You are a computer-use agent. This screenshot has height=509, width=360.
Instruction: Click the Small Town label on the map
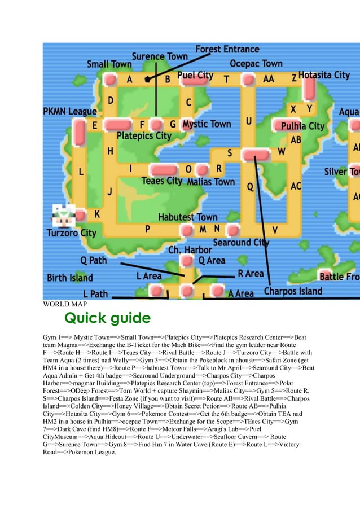click(109, 64)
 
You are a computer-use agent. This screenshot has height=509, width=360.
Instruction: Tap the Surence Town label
click(160, 56)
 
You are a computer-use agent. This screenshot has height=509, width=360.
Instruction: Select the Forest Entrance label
click(227, 49)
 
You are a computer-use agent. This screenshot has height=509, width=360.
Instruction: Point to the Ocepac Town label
click(256, 63)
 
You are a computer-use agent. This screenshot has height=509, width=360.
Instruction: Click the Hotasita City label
click(324, 74)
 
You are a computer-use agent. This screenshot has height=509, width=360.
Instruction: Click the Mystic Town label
click(207, 124)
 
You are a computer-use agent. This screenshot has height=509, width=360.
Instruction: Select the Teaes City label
click(162, 181)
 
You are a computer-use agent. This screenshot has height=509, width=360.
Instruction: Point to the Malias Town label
click(210, 182)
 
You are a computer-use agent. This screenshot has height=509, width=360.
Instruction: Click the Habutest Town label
click(187, 217)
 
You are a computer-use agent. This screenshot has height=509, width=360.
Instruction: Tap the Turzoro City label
click(71, 232)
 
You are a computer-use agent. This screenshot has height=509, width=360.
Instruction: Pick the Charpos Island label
click(293, 292)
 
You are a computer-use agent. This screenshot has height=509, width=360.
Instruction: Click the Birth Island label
click(70, 278)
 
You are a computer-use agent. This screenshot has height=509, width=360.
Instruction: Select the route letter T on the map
click(226, 80)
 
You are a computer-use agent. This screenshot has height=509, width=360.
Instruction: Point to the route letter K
click(97, 214)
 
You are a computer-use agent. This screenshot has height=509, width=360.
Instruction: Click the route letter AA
click(269, 79)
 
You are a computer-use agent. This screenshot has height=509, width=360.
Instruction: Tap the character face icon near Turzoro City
click(61, 214)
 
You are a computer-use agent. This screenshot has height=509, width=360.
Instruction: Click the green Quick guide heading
click(107, 318)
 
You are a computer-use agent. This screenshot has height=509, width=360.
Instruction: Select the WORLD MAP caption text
click(64, 305)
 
